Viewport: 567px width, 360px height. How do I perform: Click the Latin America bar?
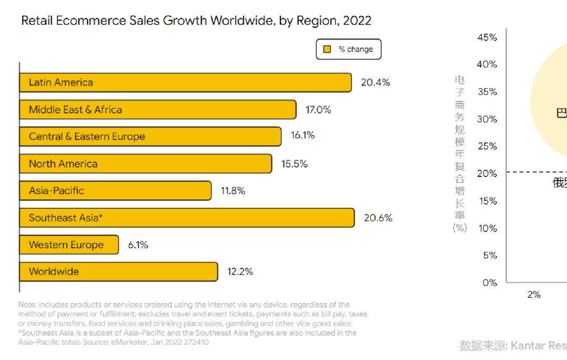pyautogui.click(x=185, y=82)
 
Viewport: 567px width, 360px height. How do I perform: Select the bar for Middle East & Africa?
pyautogui.click(x=157, y=110)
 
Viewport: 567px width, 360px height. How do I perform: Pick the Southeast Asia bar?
pyautogui.click(x=186, y=218)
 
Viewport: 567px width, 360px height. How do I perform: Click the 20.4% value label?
pyautogui.click(x=375, y=82)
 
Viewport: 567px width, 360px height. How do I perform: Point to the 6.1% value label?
pyautogui.click(x=138, y=245)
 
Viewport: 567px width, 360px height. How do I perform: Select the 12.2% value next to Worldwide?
pyautogui.click(x=240, y=272)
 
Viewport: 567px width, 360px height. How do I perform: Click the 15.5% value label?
pyautogui.click(x=295, y=164)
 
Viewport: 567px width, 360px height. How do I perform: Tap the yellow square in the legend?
pyautogui.click(x=327, y=49)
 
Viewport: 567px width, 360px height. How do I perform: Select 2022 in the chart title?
pyautogui.click(x=357, y=21)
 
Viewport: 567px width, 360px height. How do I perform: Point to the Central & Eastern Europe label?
pyautogui.click(x=87, y=137)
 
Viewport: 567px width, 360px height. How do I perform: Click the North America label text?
pyautogui.click(x=63, y=164)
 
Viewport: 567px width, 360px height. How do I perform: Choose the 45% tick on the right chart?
pyautogui.click(x=487, y=37)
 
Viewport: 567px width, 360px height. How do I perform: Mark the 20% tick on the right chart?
pyautogui.click(x=487, y=174)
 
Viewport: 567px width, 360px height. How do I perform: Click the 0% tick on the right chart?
pyautogui.click(x=489, y=283)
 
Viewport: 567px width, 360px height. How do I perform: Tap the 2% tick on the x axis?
pyautogui.click(x=534, y=295)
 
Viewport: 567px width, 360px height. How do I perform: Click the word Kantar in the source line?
pyautogui.click(x=529, y=345)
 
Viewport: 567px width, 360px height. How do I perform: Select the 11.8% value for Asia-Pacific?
pyautogui.click(x=233, y=191)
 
